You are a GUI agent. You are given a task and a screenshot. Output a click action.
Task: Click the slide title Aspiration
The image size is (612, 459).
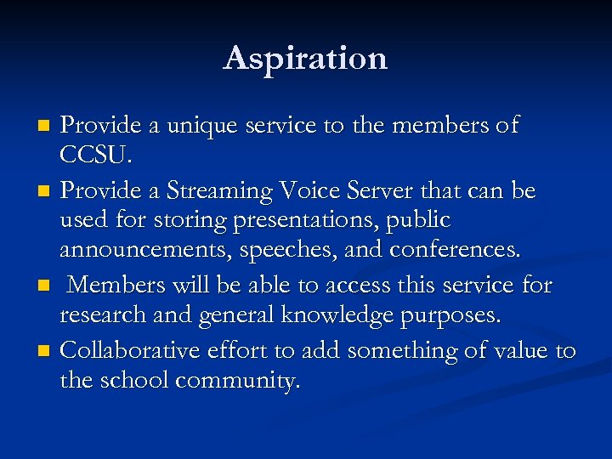point(305,59)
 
